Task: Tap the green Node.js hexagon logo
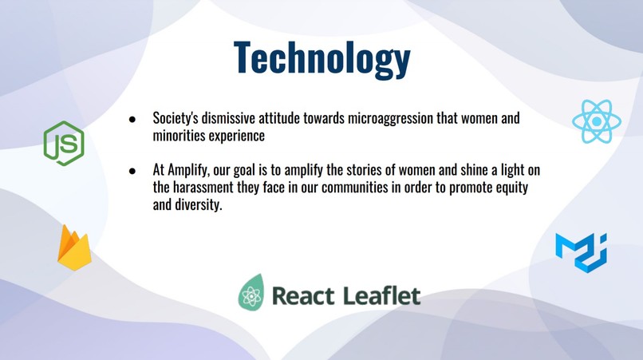pos(63,143)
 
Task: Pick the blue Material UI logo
pos(581,251)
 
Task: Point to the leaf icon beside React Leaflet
pos(251,293)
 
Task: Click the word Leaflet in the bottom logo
pos(381,295)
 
